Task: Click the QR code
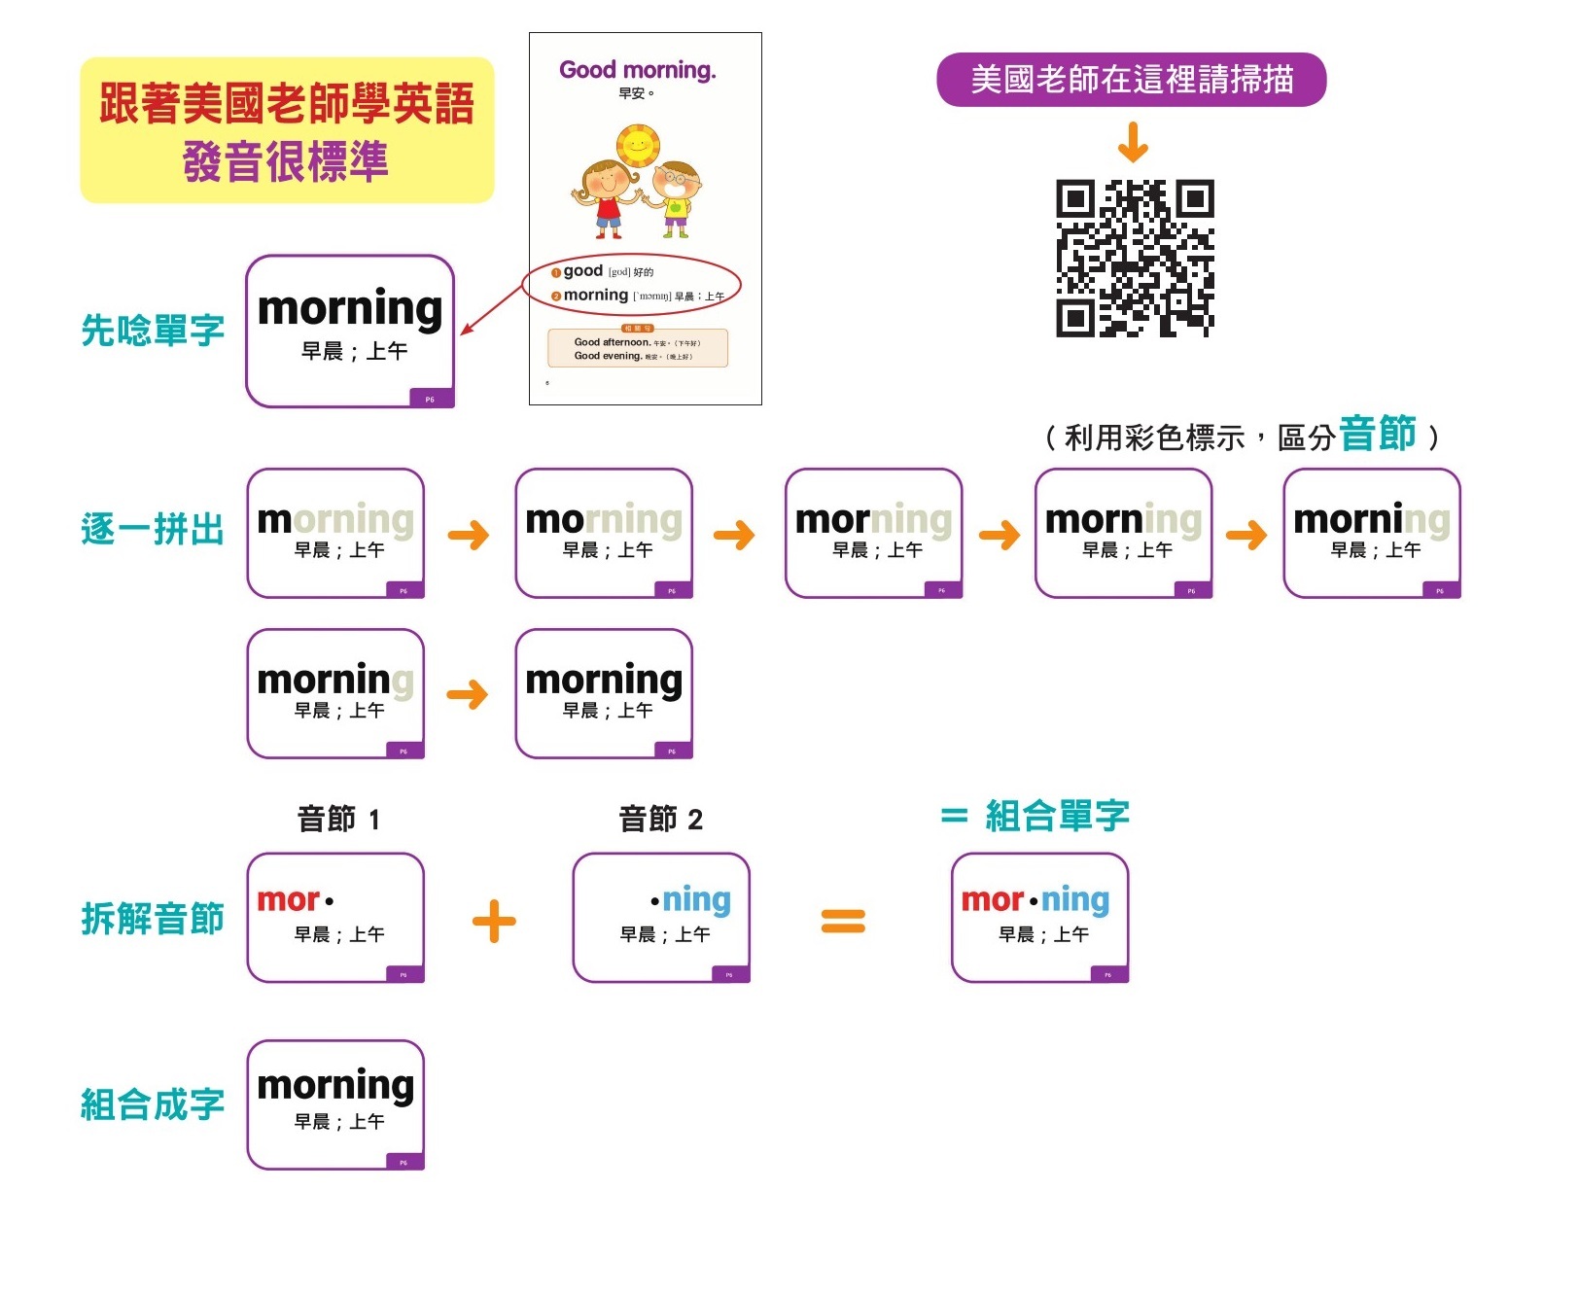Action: pos(1135,258)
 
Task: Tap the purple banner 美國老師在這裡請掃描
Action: pos(1131,80)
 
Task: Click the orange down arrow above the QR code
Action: pos(1133,142)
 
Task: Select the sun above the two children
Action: pos(638,146)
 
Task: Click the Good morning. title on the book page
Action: pos(637,70)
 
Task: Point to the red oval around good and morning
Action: pos(632,284)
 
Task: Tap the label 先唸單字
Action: pos(153,331)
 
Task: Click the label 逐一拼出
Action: pos(153,530)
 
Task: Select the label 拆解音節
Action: pos(153,918)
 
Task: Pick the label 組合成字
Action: pos(153,1104)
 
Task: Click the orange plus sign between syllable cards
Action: pos(494,921)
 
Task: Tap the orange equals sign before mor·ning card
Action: pos(843,921)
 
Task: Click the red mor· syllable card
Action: pos(335,917)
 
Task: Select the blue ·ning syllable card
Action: pos(661,917)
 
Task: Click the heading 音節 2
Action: pos(661,820)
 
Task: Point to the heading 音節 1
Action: pos(338,820)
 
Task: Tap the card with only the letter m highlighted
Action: pos(335,533)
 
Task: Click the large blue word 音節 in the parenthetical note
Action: pos(1377,434)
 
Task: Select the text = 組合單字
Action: pos(1035,816)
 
